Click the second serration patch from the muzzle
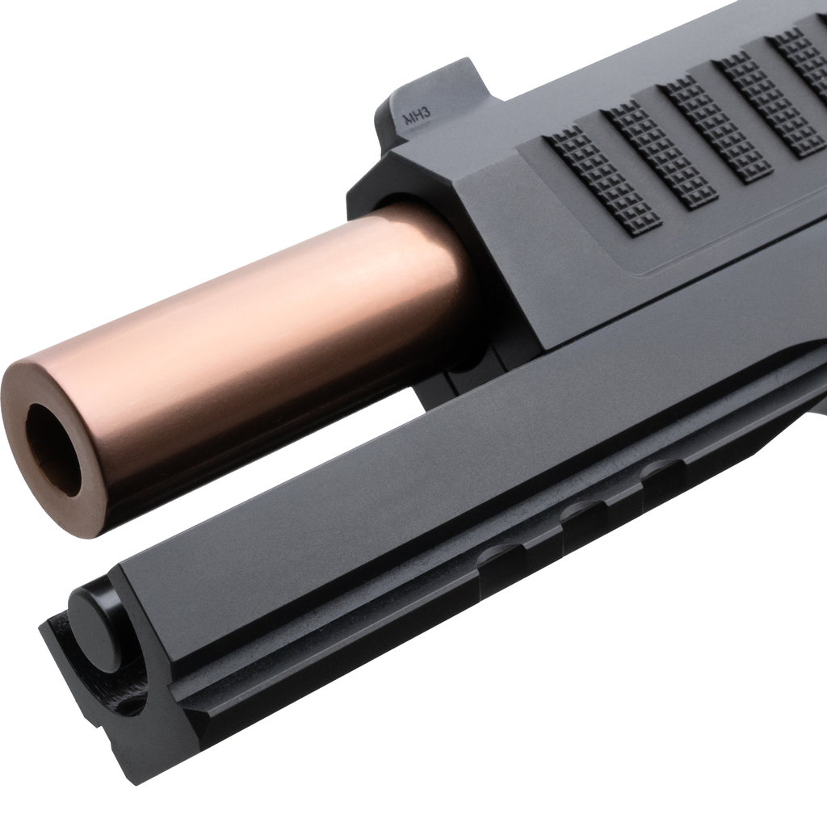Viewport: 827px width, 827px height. pyautogui.click(x=662, y=153)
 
